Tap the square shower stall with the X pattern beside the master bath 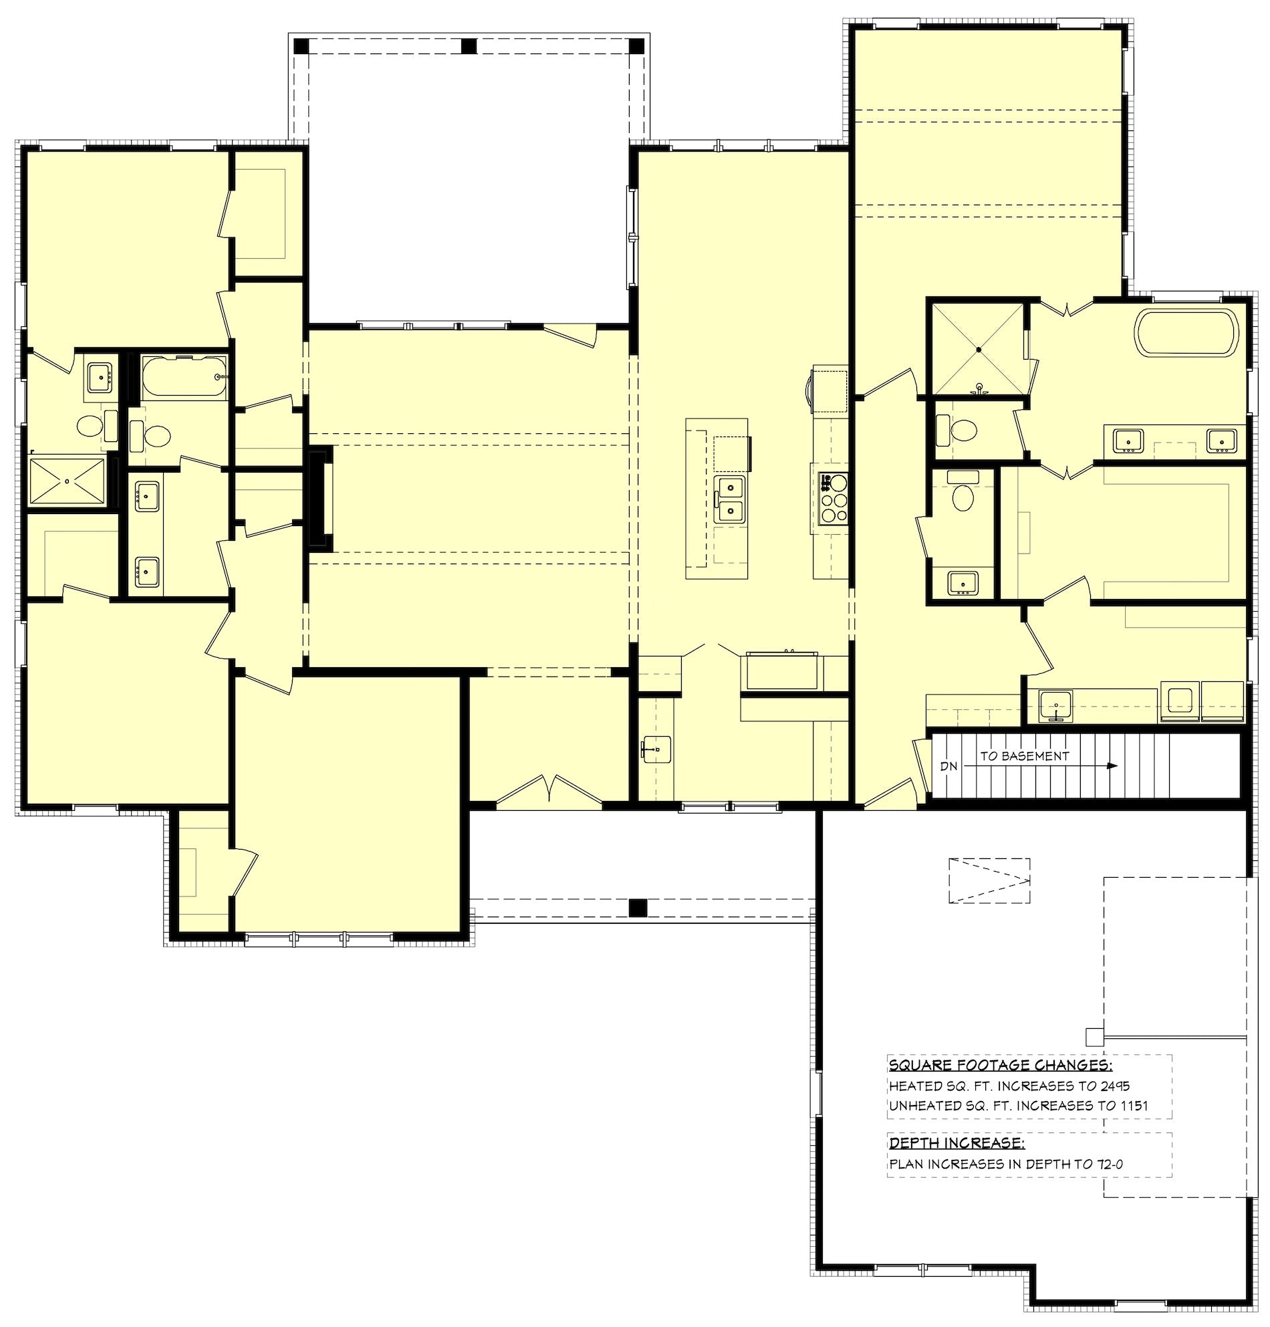(x=977, y=350)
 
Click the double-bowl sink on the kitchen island (x=731, y=499)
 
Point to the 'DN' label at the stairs (x=949, y=766)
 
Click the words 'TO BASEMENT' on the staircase (x=1024, y=756)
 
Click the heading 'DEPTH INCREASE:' (x=957, y=1144)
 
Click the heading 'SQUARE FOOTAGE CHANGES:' (x=1000, y=1066)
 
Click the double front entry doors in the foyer (x=549, y=791)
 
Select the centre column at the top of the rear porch (x=469, y=46)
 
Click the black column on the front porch (x=637, y=907)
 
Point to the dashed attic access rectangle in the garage (x=989, y=880)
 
